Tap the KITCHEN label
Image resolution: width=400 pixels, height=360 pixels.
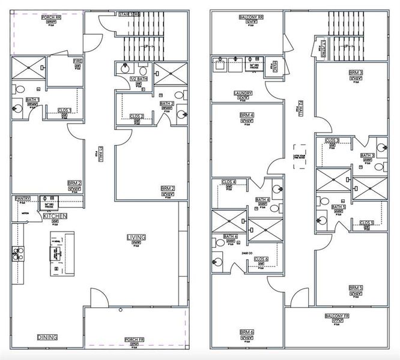point(55,215)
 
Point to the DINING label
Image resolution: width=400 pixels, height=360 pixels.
point(47,337)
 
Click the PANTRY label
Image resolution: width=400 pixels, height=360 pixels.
point(22,198)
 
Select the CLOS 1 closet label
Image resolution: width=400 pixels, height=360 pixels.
point(65,110)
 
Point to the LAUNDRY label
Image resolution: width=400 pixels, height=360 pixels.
point(243,94)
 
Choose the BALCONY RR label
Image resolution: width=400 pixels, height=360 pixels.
point(247,17)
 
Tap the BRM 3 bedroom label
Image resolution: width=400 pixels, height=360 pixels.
point(356,73)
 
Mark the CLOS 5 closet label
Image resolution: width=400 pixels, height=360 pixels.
point(367,223)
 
